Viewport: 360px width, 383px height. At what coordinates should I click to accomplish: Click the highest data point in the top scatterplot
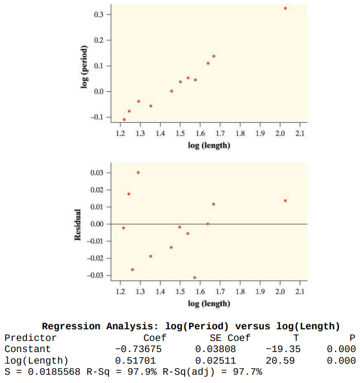click(x=285, y=8)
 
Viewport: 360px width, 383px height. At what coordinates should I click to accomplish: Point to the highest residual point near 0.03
click(x=138, y=173)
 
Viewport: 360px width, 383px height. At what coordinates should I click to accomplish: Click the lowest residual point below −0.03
click(x=195, y=277)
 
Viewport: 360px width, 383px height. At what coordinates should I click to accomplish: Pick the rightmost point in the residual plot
click(x=285, y=200)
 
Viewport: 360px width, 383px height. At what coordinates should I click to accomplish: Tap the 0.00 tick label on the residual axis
click(x=96, y=224)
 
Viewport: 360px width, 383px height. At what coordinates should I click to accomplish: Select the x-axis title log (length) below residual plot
click(x=209, y=303)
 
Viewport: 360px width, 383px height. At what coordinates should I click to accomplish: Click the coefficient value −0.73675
click(x=140, y=349)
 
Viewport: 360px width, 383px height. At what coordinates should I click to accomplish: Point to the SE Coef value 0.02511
click(x=216, y=361)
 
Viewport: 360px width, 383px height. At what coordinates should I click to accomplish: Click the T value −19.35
click(x=283, y=349)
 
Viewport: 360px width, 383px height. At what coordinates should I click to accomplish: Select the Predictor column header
click(x=30, y=338)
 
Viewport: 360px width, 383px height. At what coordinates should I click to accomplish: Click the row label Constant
click(x=28, y=349)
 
